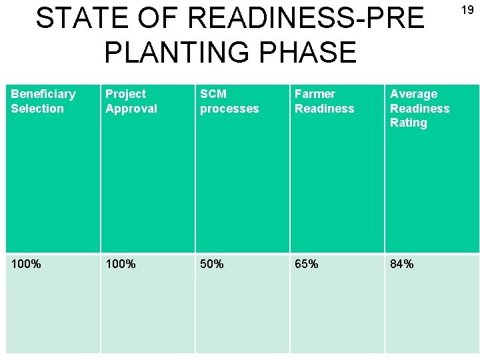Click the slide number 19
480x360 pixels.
tap(467, 10)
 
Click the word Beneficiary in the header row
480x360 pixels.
tap(43, 94)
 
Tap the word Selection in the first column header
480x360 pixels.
tap(37, 108)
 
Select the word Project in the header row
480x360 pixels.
tap(125, 94)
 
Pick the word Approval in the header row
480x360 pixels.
tap(131, 108)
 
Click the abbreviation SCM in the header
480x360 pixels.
tap(213, 94)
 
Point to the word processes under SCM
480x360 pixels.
tap(229, 108)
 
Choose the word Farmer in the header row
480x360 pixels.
tap(315, 94)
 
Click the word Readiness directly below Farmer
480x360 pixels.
tap(325, 108)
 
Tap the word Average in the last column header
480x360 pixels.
tap(413, 94)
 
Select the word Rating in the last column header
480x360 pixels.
tap(408, 123)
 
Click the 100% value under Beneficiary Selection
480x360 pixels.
tap(26, 264)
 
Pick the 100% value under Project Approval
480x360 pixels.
tap(121, 264)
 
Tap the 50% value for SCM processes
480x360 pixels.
tap(212, 264)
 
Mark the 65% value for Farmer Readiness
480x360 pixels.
tap(307, 264)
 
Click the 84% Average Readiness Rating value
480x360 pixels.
tap(402, 264)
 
